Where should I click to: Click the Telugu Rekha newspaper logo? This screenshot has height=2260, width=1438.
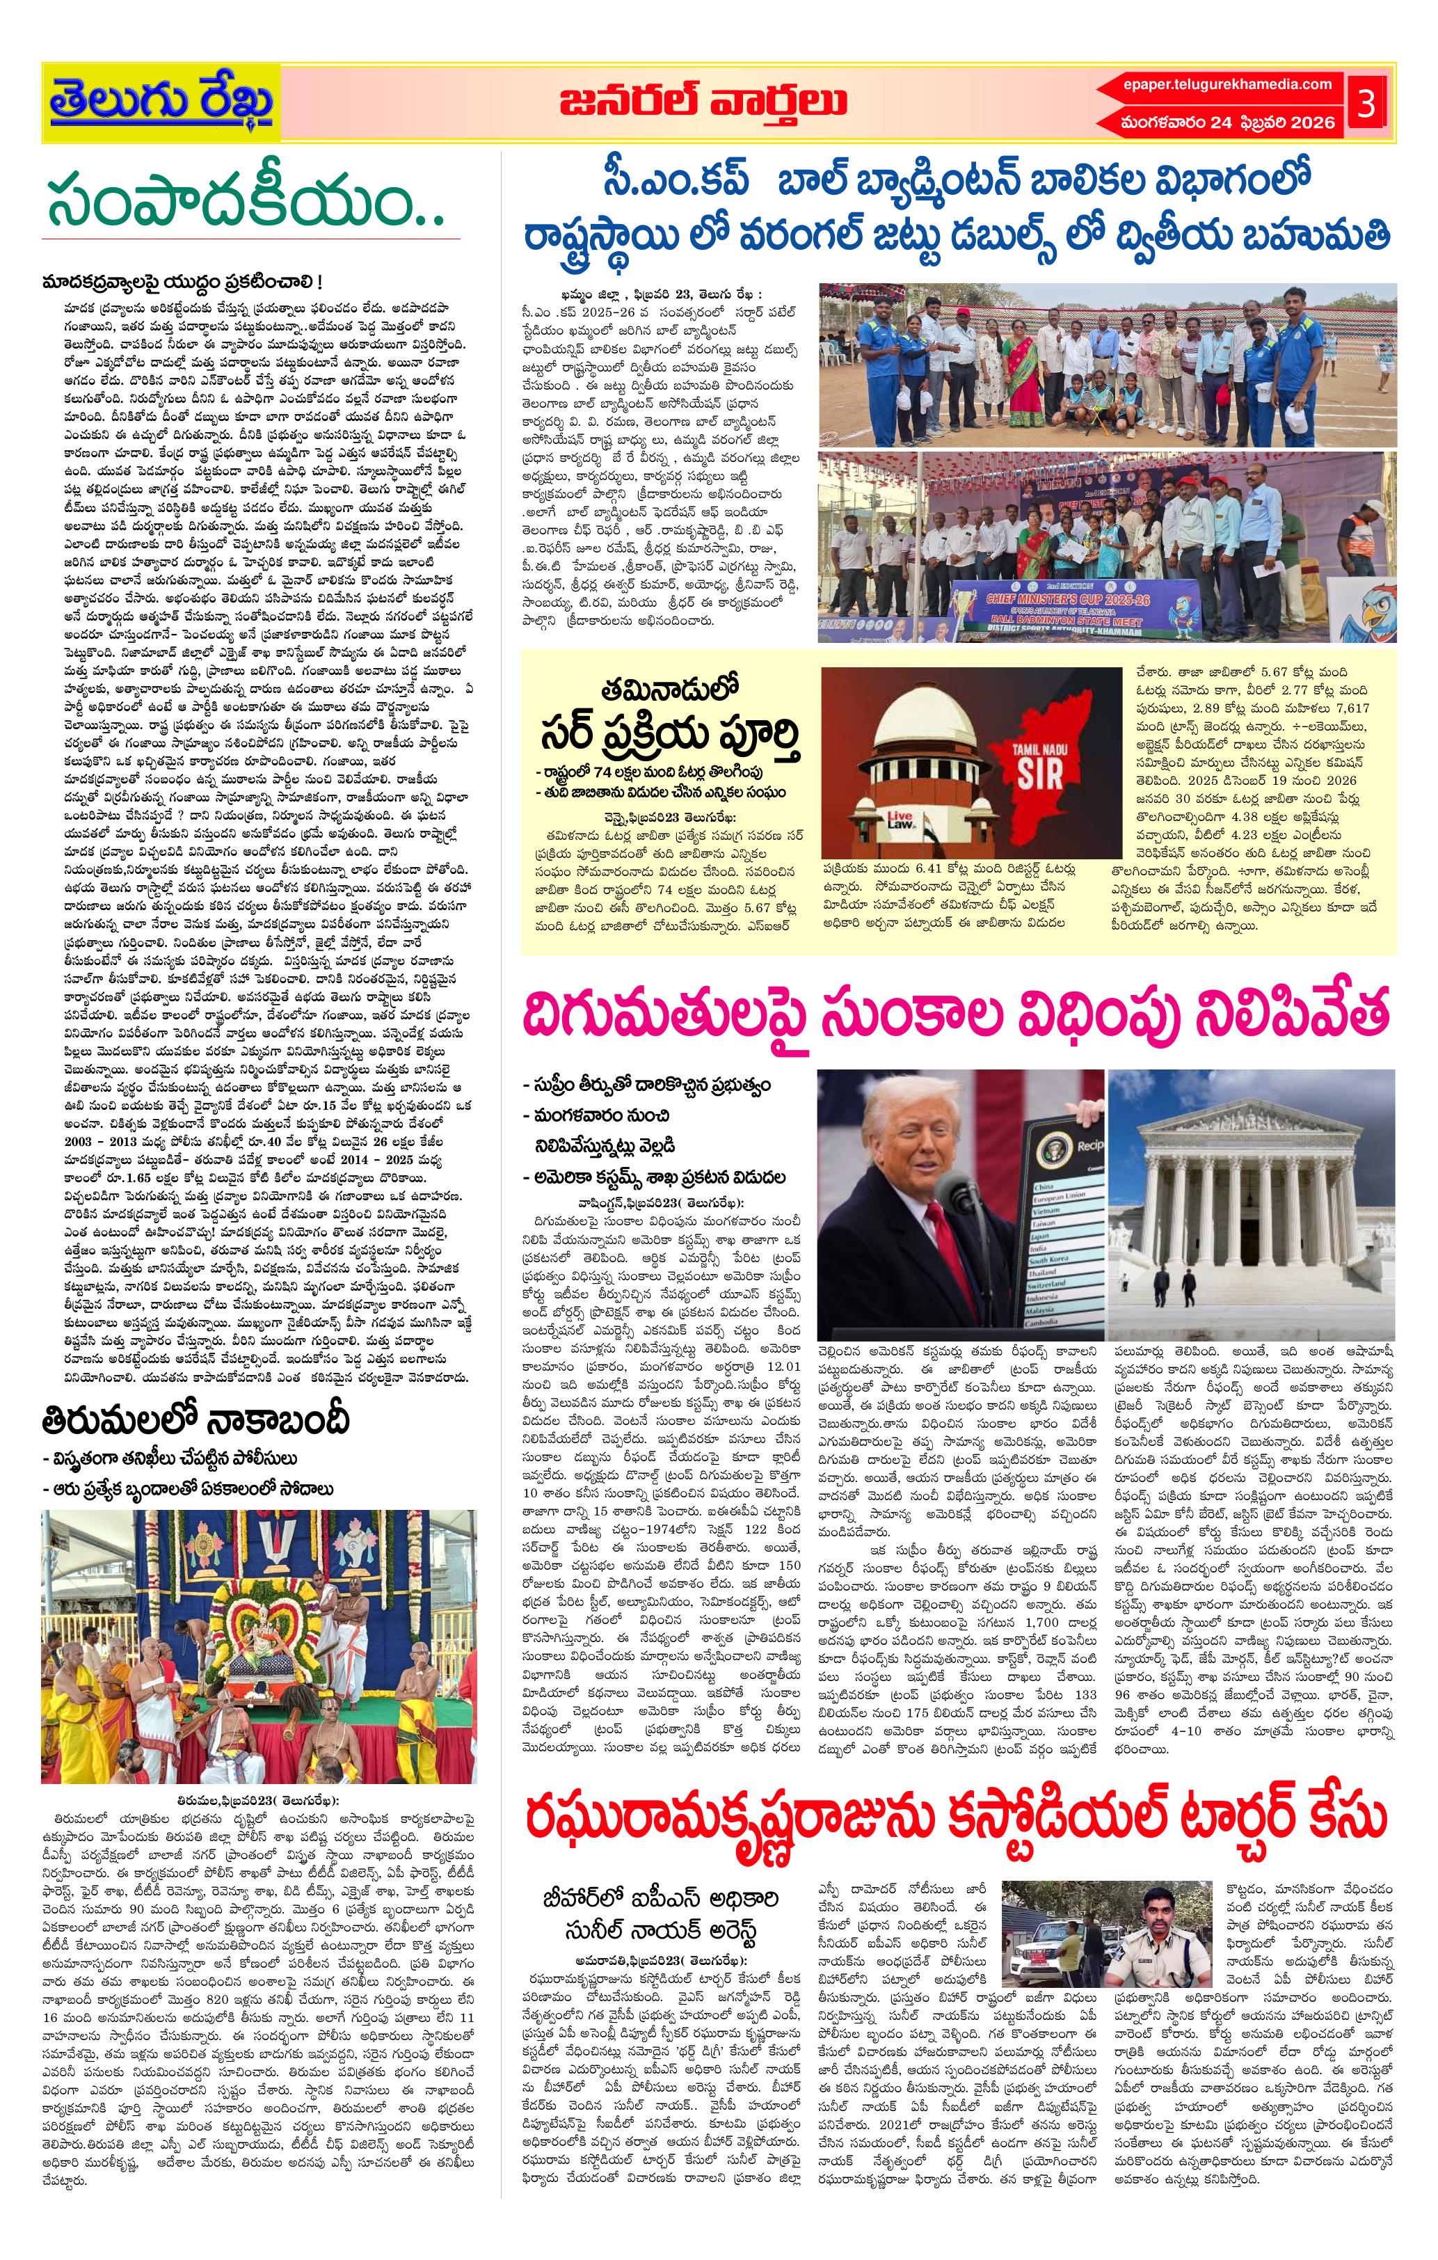click(x=161, y=102)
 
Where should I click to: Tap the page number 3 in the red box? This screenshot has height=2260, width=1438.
click(x=1366, y=103)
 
